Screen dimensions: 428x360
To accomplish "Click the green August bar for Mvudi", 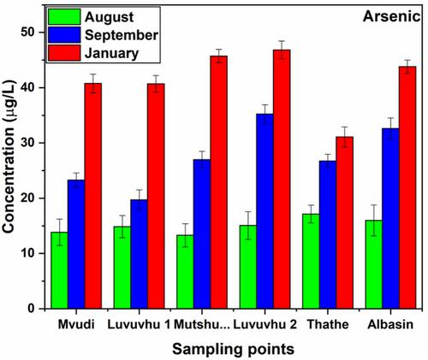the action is [59, 270].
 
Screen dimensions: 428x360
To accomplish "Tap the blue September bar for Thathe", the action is [328, 234].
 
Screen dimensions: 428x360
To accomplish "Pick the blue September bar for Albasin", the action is [390, 218].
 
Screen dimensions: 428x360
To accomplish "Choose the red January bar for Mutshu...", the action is [219, 182].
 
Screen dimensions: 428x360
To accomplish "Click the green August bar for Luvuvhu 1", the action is [122, 268].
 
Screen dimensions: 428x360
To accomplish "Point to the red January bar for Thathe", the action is [345, 222].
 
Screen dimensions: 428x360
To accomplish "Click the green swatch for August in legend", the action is [64, 17].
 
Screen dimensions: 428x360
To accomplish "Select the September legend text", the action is [122, 35].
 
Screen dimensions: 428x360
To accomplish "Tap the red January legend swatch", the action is [64, 53].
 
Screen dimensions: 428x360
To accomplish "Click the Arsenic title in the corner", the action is [391, 17].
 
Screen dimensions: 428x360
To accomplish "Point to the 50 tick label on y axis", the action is [29, 32].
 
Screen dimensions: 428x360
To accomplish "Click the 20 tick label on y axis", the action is [29, 198].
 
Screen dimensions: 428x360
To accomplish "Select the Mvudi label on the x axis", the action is [76, 324].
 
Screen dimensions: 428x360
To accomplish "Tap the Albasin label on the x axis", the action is [390, 324].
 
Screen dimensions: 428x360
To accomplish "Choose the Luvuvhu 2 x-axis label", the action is [265, 324].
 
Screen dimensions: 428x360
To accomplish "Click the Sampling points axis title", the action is [233, 349].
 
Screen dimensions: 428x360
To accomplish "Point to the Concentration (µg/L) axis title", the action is [9, 156].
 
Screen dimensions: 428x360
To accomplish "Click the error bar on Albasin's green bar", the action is [374, 221].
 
